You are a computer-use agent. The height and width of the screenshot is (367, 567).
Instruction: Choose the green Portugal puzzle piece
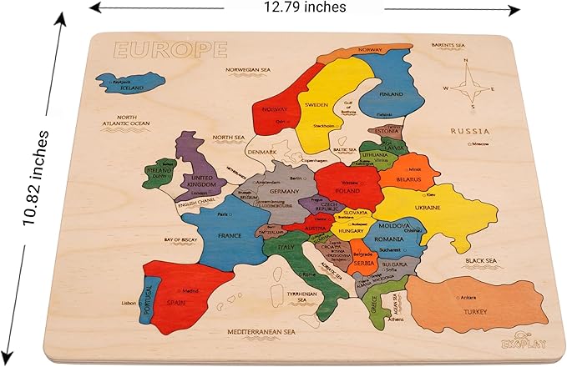pos(151,297)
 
